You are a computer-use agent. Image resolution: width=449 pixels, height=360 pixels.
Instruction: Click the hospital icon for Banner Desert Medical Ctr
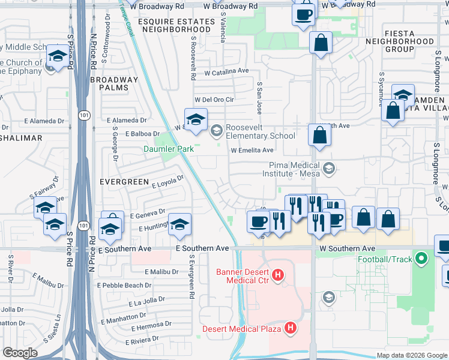(277, 276)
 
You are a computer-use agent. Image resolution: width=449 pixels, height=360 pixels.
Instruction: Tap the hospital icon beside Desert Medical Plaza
(291, 328)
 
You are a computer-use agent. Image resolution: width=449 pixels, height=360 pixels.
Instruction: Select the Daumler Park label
(167, 149)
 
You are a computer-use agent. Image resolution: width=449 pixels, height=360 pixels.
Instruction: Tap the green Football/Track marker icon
(422, 260)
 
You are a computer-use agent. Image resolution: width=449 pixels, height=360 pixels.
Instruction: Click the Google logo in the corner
(20, 352)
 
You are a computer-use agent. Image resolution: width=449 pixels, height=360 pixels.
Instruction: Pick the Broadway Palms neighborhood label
(114, 83)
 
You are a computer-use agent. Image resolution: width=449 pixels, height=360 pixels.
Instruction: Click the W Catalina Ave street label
(226, 71)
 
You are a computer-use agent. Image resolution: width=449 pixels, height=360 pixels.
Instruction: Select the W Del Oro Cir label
(213, 100)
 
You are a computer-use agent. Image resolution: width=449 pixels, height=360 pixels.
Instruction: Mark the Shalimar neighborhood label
(22, 138)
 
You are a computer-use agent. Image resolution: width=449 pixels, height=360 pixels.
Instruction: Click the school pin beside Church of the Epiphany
(57, 56)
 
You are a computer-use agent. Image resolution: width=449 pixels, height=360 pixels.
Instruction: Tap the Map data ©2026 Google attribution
(411, 355)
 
